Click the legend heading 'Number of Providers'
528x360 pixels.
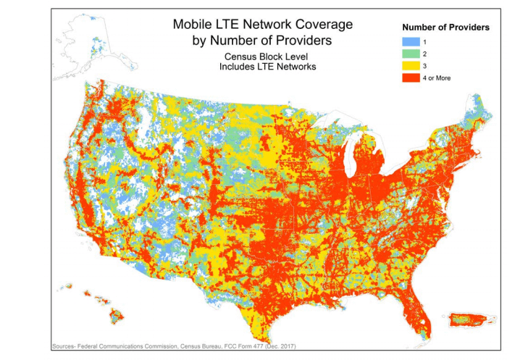(446, 27)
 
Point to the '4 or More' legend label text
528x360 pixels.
(438, 78)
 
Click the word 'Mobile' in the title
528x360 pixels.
(193, 23)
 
